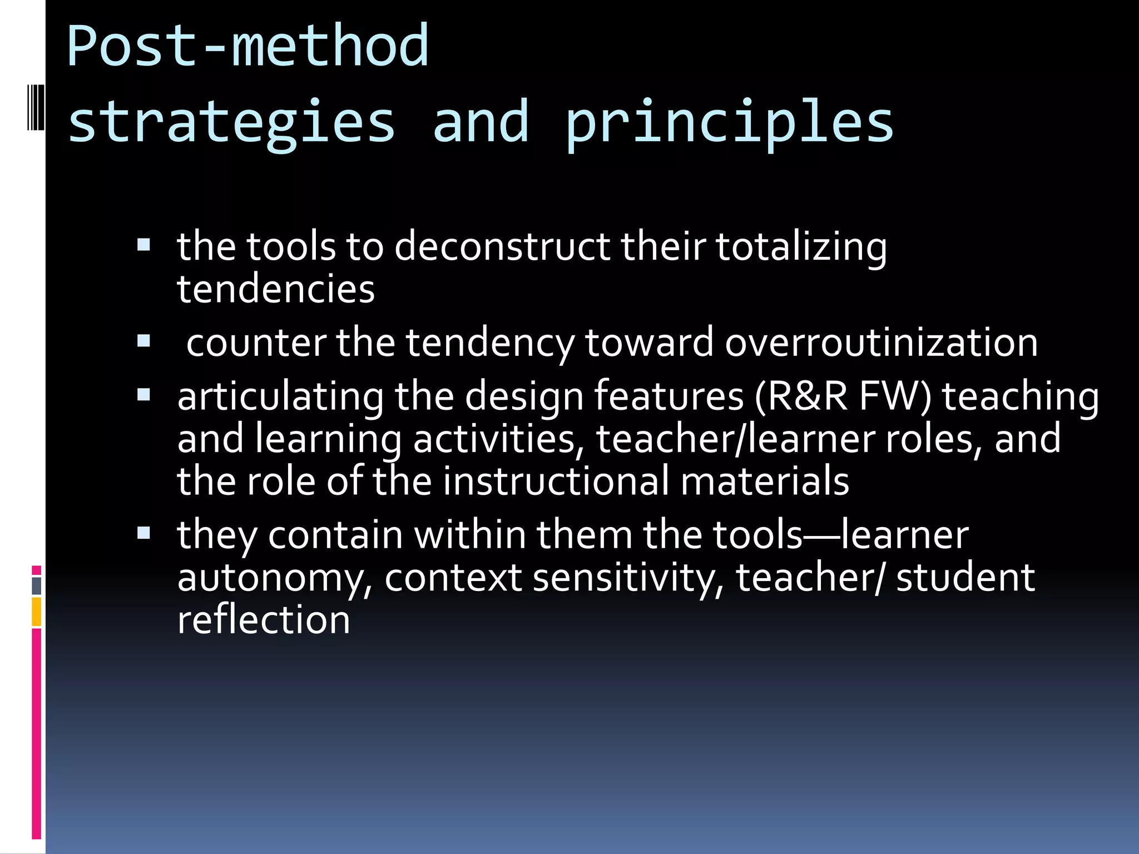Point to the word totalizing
(x=801, y=247)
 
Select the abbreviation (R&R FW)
(x=843, y=396)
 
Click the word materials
(x=765, y=481)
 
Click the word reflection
(x=264, y=620)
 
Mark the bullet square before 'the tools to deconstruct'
(x=144, y=245)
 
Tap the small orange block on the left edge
(x=36, y=612)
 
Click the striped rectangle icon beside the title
(x=36, y=107)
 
